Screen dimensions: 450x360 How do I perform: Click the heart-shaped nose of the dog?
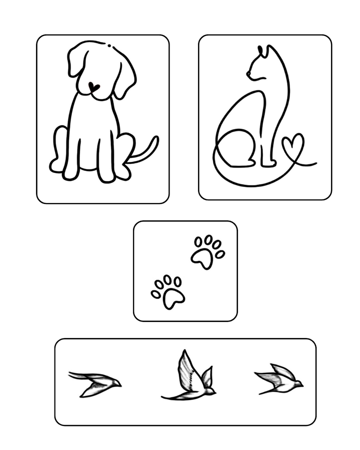tap(93, 87)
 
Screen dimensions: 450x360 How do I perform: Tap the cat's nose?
tap(248, 74)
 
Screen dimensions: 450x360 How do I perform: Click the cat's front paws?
tap(268, 162)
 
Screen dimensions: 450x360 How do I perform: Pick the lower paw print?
tap(168, 291)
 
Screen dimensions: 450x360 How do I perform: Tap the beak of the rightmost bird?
tap(302, 384)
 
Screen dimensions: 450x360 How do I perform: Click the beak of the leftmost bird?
tap(120, 384)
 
